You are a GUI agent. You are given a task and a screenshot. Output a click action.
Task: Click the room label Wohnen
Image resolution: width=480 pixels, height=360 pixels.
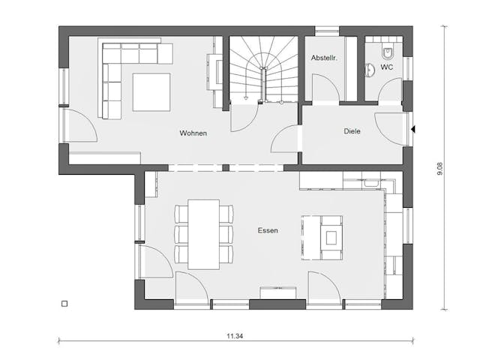pyautogui.click(x=193, y=133)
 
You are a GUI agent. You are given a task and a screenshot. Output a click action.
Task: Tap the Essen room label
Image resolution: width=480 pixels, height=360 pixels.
pyautogui.click(x=267, y=231)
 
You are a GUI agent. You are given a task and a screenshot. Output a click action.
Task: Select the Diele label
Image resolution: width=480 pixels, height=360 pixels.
pyautogui.click(x=352, y=130)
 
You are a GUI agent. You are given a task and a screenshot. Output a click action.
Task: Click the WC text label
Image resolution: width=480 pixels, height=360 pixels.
pyautogui.click(x=386, y=67)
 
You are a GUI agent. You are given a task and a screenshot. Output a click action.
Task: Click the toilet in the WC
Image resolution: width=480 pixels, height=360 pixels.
pyautogui.click(x=387, y=53)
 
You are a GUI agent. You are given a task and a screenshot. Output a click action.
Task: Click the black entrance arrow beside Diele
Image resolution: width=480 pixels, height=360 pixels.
pyautogui.click(x=412, y=130)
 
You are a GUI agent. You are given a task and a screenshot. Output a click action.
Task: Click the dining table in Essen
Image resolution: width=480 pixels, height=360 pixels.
pyautogui.click(x=203, y=233)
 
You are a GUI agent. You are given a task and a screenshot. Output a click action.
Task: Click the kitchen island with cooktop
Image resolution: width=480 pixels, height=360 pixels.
pyautogui.click(x=323, y=237)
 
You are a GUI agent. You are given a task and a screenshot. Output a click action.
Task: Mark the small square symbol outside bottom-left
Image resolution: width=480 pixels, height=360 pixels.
pyautogui.click(x=64, y=304)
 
